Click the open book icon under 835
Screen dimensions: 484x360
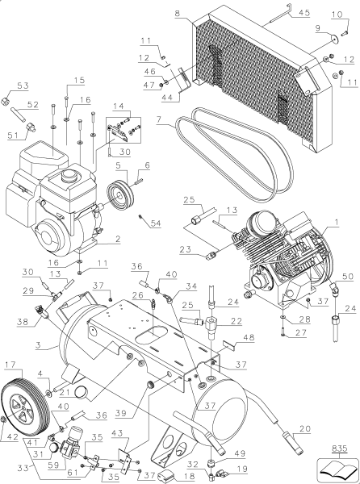click(337, 468)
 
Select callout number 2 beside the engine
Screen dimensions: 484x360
click(117, 239)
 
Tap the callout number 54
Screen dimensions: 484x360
click(156, 222)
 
